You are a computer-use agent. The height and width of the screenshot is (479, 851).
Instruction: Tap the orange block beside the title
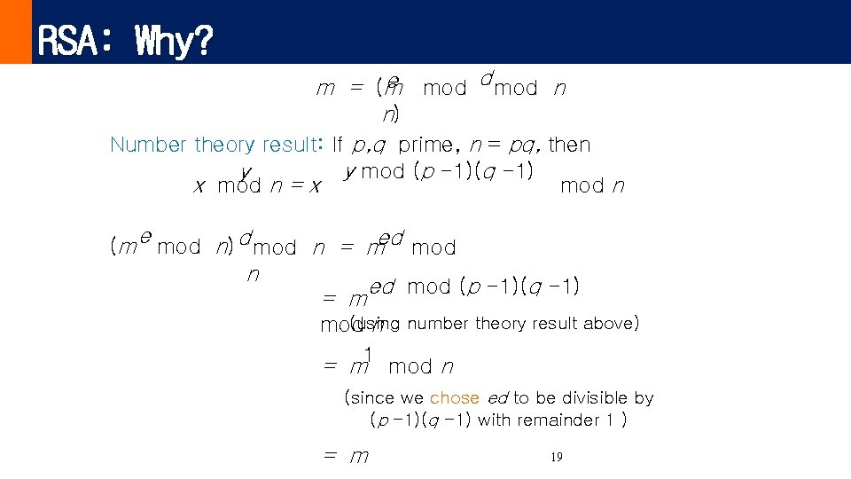click(x=15, y=32)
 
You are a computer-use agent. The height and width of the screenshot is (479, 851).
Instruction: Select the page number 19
click(x=557, y=458)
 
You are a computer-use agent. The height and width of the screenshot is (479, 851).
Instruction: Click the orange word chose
click(x=454, y=398)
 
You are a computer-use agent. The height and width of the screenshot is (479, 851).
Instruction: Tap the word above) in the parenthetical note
click(x=610, y=323)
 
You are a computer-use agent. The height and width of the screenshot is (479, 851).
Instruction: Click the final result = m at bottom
click(x=347, y=458)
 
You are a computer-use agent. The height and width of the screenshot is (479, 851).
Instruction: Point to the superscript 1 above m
click(x=368, y=353)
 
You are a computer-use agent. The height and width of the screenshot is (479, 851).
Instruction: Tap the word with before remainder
click(x=495, y=420)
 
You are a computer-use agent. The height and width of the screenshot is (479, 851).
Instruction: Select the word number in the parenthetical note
click(x=438, y=323)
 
